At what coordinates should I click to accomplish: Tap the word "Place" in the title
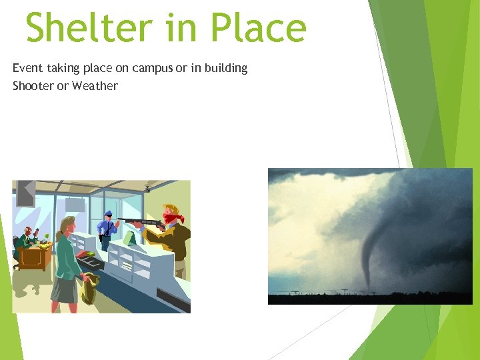[258, 28]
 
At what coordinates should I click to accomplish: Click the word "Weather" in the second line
[95, 86]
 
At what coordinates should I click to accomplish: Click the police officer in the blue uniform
[107, 230]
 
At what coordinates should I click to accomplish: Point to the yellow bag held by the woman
[89, 289]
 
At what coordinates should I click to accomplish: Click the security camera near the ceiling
[147, 189]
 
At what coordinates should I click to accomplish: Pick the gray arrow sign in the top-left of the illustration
[25, 193]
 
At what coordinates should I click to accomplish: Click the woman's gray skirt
[64, 289]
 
